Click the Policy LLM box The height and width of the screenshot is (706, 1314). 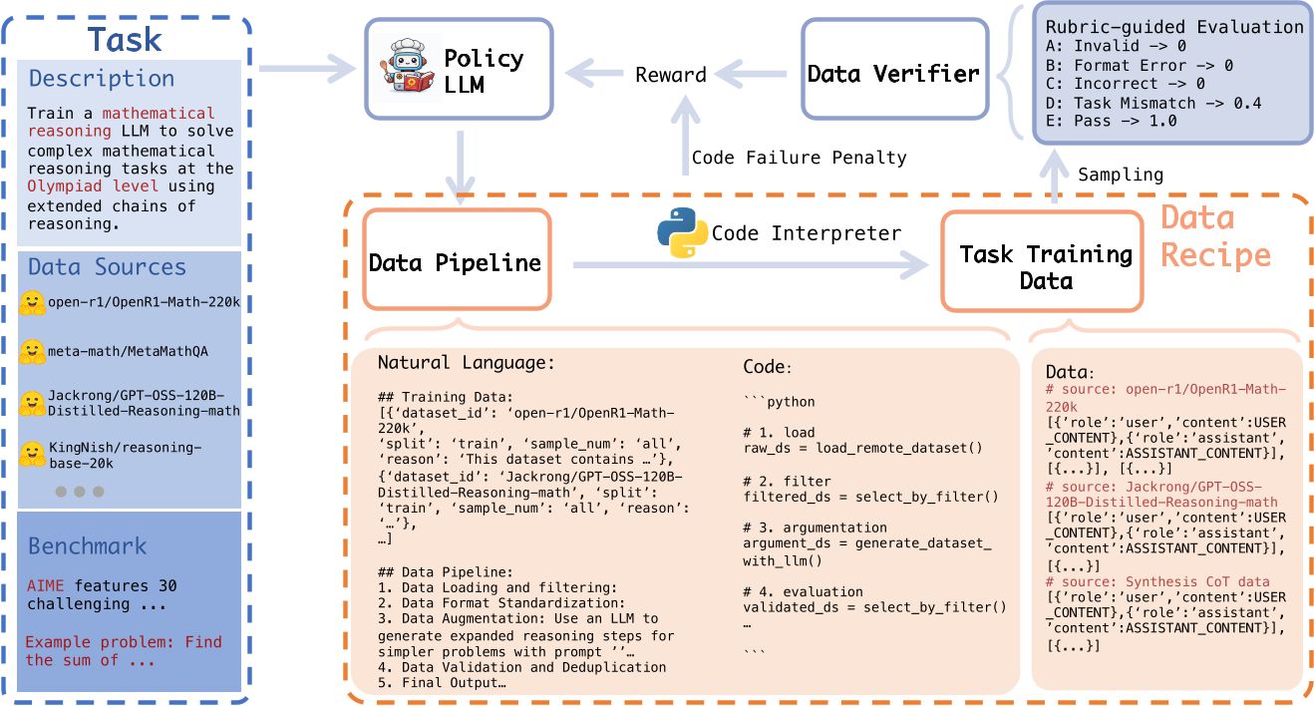[459, 68]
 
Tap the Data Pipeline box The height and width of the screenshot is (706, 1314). [455, 263]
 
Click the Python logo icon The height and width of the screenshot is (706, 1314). [682, 232]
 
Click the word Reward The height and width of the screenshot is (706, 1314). [671, 75]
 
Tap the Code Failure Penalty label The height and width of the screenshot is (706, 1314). [799, 157]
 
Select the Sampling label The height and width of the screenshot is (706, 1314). [1121, 175]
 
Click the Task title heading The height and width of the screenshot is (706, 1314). [125, 38]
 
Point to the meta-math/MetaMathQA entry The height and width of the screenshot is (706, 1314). [128, 351]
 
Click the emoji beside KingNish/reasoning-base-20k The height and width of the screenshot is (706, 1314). [33, 455]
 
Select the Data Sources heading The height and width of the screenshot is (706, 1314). [107, 267]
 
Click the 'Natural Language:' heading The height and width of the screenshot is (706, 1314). [466, 363]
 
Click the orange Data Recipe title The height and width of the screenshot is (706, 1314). [1214, 236]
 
